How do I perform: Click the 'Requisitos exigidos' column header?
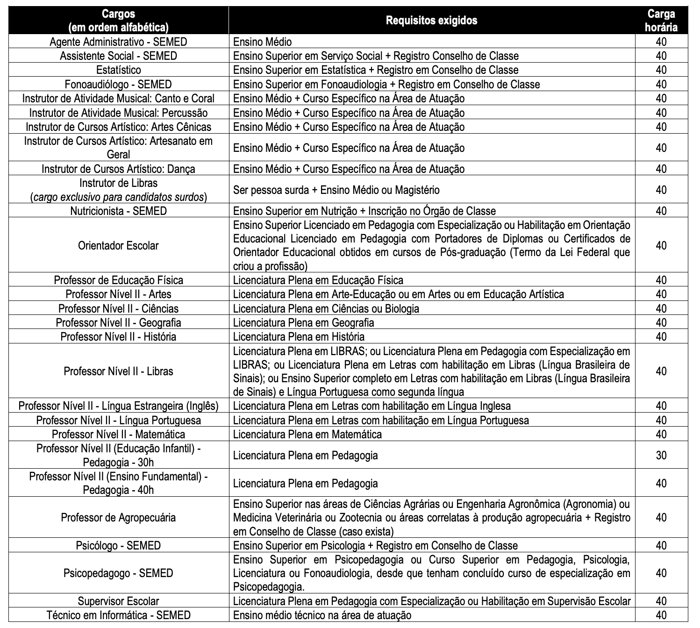[x=431, y=20]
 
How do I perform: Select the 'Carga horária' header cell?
[x=661, y=21]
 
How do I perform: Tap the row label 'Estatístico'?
[x=118, y=70]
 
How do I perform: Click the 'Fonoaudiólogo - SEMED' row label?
[x=118, y=85]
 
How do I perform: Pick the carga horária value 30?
[x=661, y=455]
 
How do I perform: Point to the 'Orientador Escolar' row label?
[x=118, y=246]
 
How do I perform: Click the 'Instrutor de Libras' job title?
[x=118, y=183]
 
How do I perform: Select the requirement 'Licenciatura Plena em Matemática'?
[x=307, y=435]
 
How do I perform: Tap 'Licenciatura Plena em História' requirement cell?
[x=299, y=337]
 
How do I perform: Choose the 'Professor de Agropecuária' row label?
[x=118, y=518]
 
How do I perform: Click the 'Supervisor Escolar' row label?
[x=118, y=601]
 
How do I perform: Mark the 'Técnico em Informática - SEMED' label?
[x=118, y=615]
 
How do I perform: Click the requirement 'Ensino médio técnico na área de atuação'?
[x=322, y=615]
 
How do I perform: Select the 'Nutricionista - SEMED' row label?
[x=118, y=211]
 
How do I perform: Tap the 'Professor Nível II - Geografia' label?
[x=118, y=323]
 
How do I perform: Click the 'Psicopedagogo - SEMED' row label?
[x=118, y=573]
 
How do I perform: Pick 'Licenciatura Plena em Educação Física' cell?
[x=318, y=280]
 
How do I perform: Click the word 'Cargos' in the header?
[x=118, y=14]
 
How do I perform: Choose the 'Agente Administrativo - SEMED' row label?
[x=118, y=42]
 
